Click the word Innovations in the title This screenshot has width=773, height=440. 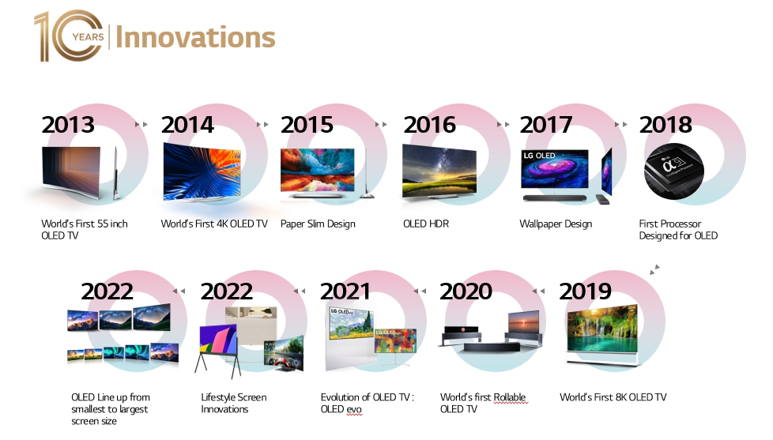(195, 37)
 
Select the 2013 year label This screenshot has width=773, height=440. (68, 125)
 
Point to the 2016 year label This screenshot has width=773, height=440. (429, 125)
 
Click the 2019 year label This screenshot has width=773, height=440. (585, 291)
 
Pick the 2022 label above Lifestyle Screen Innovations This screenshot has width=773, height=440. (226, 291)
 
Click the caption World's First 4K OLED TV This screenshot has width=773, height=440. (214, 224)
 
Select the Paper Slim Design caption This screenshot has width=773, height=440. (318, 224)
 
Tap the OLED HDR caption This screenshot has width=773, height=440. (425, 224)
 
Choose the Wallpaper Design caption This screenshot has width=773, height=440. (555, 224)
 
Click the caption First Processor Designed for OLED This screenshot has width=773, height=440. (677, 230)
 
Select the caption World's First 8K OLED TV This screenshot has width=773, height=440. (613, 397)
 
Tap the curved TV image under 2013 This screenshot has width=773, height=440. (79, 171)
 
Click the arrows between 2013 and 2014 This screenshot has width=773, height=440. (141, 125)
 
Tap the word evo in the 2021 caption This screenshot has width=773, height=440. (353, 409)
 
